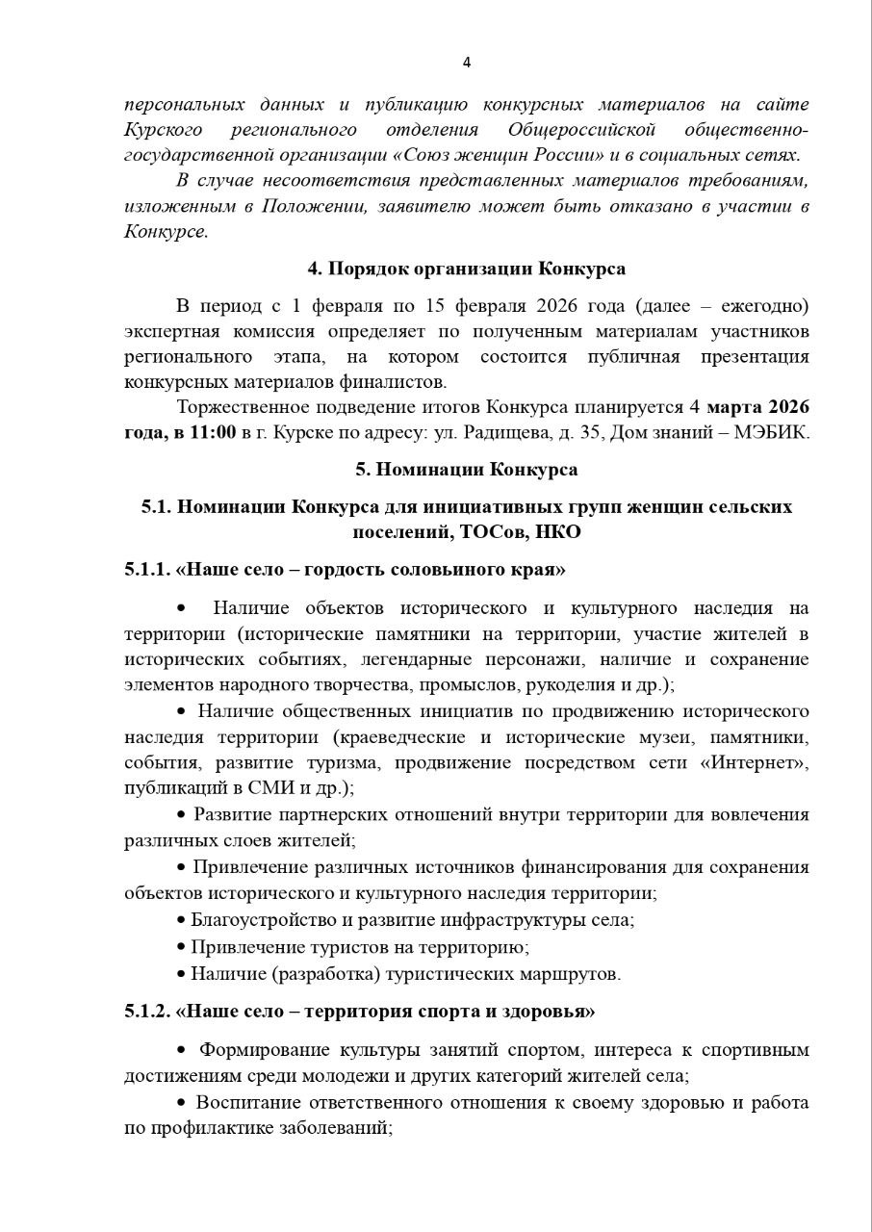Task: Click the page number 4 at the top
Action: click(467, 64)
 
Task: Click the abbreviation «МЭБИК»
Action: click(775, 432)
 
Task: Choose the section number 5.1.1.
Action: click(146, 569)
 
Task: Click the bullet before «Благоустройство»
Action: click(181, 919)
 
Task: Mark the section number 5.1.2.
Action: click(146, 1012)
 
